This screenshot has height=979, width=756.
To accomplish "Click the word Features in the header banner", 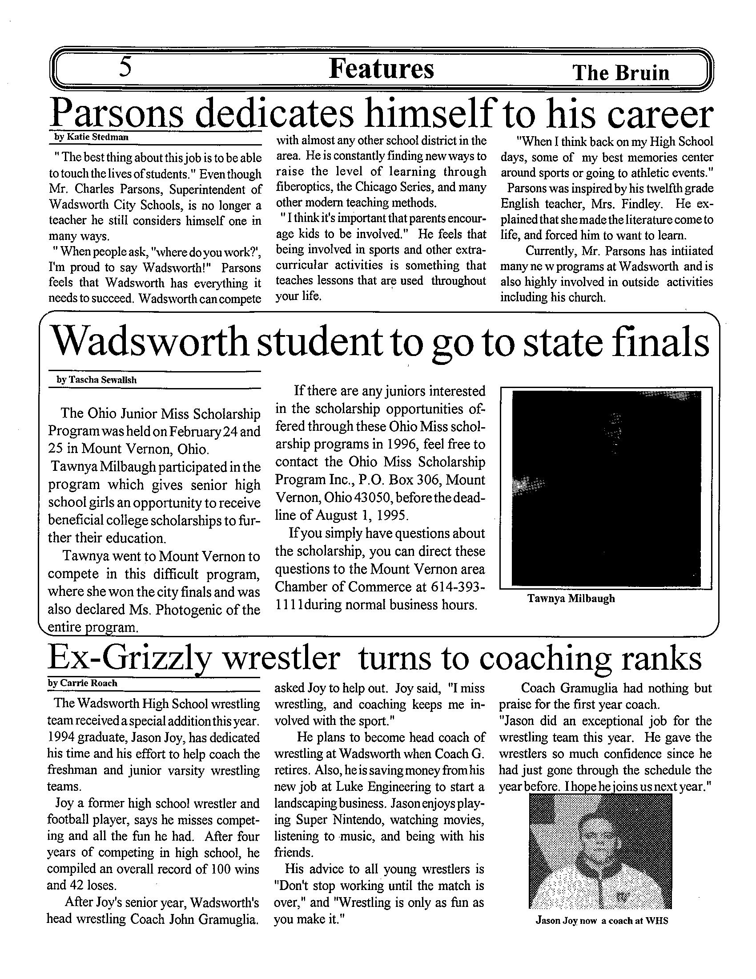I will click(381, 69).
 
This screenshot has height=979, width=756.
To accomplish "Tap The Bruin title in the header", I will click(621, 73).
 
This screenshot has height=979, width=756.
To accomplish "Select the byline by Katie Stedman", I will click(91, 137).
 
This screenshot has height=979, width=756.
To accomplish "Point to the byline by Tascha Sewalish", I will click(97, 380).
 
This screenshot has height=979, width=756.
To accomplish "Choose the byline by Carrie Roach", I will click(82, 683).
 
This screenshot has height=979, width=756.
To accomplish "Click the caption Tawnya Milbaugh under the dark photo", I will click(571, 599).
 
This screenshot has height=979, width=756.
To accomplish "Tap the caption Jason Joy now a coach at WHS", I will click(602, 921).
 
